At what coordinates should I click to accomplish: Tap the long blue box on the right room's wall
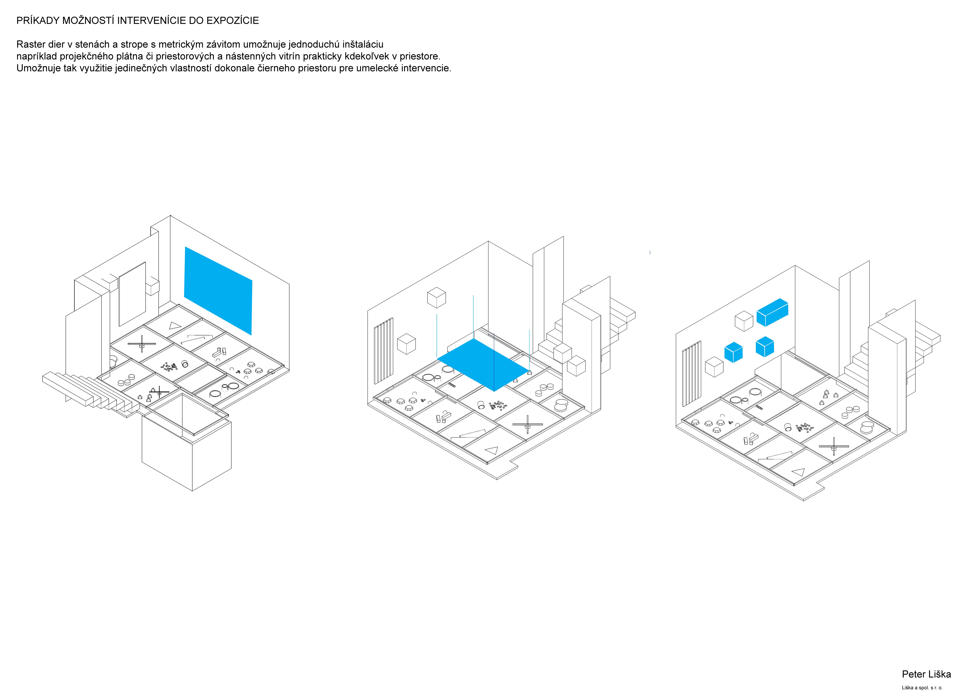point(772,312)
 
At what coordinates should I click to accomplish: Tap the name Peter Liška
point(926,674)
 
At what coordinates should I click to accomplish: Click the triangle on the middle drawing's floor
point(491,451)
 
